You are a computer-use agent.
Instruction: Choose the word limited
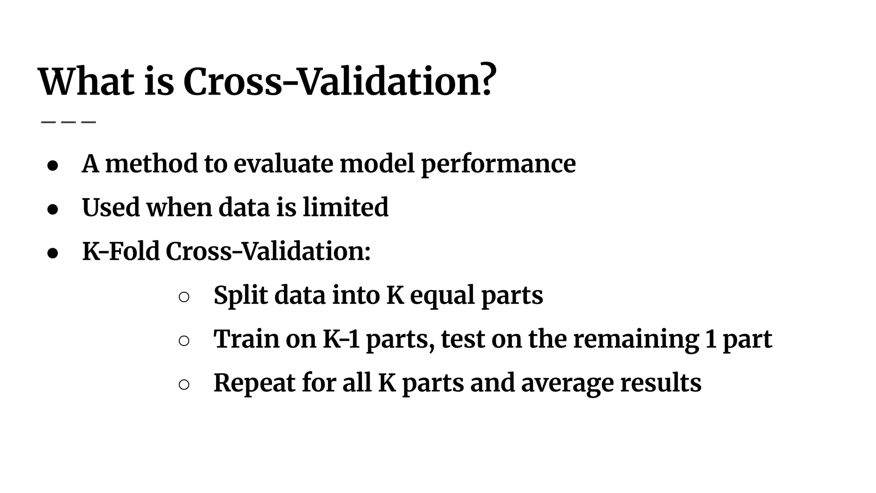[346, 207]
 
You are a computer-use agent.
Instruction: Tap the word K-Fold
[120, 251]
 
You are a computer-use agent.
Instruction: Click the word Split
[240, 296]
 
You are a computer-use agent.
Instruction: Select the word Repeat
[255, 383]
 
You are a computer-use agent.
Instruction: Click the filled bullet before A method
[53, 166]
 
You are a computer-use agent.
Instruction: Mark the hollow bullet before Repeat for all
[184, 385]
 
